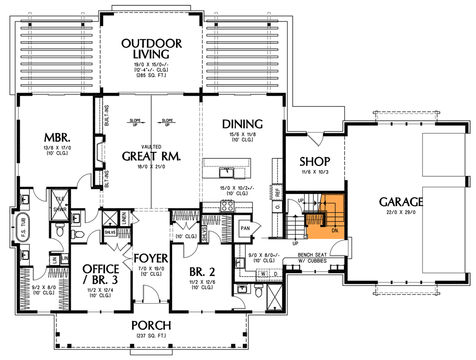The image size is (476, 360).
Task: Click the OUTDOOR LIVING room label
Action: click(151, 49)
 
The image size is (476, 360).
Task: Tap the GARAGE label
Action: click(401, 201)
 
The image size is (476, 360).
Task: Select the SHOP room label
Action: click(315, 161)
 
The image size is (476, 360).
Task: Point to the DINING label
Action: click(242, 124)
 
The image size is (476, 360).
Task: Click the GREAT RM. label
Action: click(151, 156)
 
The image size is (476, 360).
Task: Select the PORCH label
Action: click(151, 325)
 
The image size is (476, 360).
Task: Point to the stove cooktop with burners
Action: click(227, 207)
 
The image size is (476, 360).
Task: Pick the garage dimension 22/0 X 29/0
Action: click(401, 213)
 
